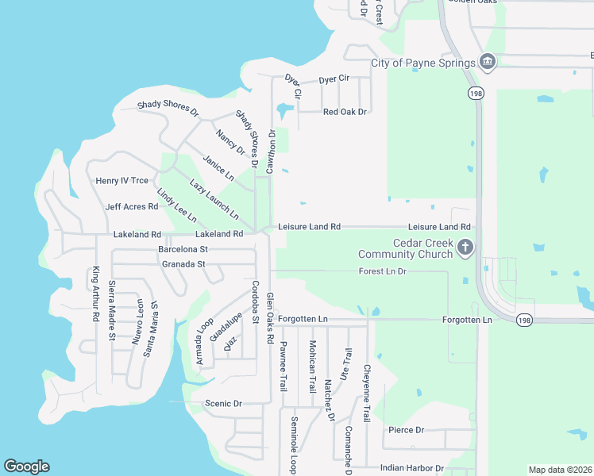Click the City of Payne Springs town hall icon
487,63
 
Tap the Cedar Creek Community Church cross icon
465,248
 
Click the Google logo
26,466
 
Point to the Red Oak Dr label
345,112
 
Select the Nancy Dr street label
230,141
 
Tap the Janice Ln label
218,167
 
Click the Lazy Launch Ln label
214,199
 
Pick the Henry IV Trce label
121,181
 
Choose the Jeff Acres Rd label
131,207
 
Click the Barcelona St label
183,249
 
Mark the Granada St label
183,264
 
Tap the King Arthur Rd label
95,293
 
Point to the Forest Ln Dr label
382,271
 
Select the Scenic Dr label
223,403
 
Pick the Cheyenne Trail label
367,393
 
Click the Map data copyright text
559,470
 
